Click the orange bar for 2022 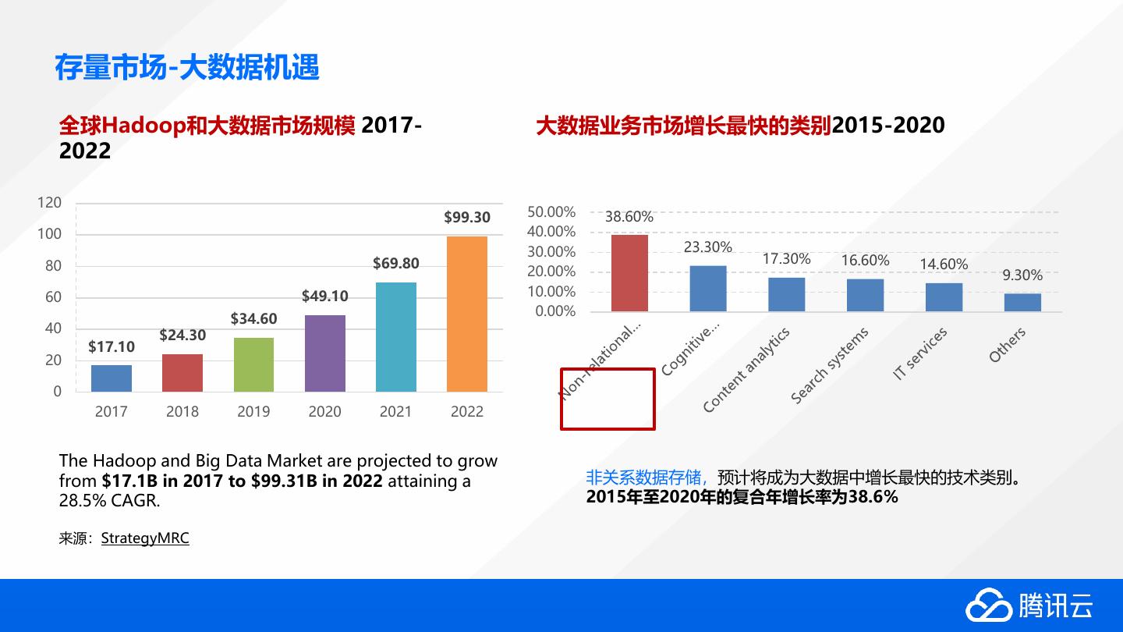(466, 314)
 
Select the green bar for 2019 (253, 364)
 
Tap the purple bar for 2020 (324, 353)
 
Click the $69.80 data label (395, 264)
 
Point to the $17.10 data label (112, 347)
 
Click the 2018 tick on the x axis (182, 412)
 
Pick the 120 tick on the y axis (49, 203)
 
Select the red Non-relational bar (629, 273)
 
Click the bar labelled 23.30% (707, 289)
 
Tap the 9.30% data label (1022, 275)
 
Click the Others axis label (1007, 345)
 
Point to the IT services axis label (920, 353)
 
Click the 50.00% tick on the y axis (551, 212)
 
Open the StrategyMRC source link (145, 538)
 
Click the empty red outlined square (608, 399)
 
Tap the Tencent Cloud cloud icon (988, 606)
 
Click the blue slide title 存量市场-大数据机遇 (187, 68)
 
